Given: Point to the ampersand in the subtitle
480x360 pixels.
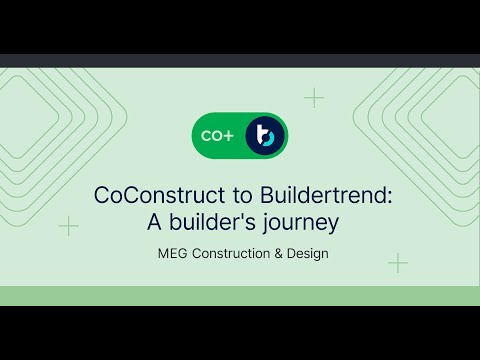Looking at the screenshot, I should coord(279,253).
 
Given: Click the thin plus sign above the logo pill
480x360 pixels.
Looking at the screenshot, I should coord(314,97).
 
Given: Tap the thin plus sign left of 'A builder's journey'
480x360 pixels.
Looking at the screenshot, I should coord(68,226).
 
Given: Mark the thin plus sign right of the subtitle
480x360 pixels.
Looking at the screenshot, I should coord(398,263).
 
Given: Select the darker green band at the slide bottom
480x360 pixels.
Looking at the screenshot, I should coord(240,295).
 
